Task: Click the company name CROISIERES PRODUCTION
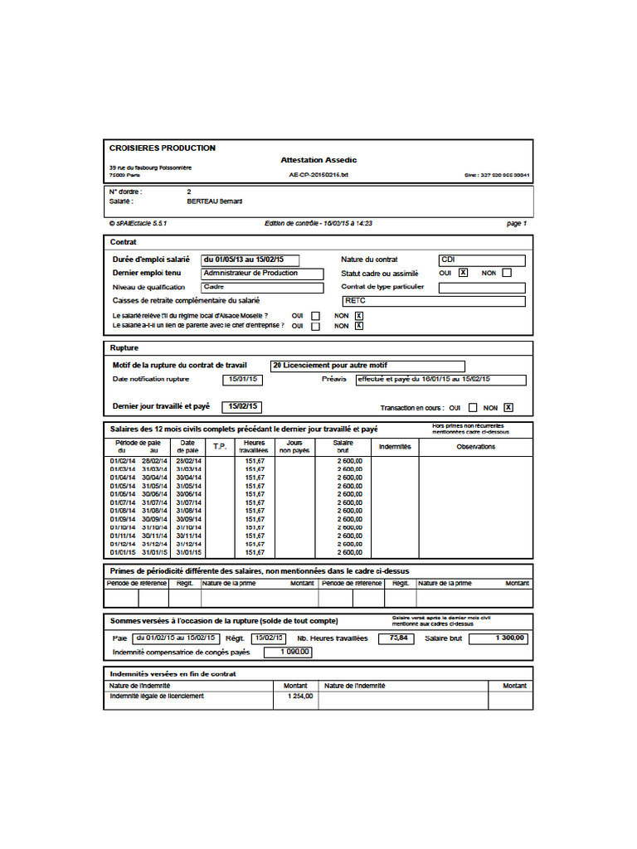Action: click(163, 148)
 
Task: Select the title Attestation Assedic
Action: click(318, 160)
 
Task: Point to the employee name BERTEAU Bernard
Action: click(215, 201)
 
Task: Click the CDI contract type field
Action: click(482, 260)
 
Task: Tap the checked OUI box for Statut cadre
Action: click(463, 273)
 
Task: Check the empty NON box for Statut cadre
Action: click(507, 273)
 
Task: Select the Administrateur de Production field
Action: click(261, 273)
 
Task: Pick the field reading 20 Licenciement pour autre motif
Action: click(367, 366)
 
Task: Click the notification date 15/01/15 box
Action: click(243, 380)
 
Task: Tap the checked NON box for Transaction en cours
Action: click(508, 407)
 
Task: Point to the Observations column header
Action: click(475, 447)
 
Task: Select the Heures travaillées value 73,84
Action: click(396, 638)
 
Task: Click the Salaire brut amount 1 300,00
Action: click(500, 638)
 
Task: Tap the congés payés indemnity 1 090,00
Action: click(289, 653)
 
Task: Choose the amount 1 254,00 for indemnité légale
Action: click(296, 696)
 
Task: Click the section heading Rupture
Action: click(124, 348)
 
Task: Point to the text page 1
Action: click(516, 224)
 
